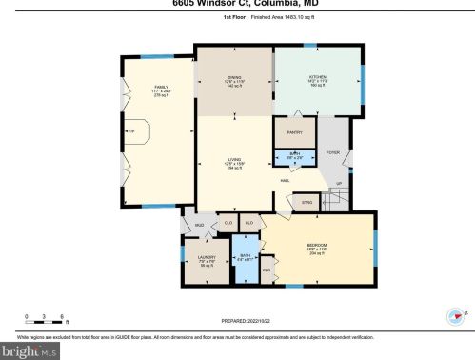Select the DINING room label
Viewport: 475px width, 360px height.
click(x=233, y=79)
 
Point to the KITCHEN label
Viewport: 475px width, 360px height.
click(x=317, y=79)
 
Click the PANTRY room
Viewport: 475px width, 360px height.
click(x=294, y=132)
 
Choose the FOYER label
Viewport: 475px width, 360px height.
click(x=333, y=152)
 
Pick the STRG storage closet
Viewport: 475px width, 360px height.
click(x=281, y=201)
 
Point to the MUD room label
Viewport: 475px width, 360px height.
click(x=200, y=225)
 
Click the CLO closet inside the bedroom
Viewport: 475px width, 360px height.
click(x=267, y=270)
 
